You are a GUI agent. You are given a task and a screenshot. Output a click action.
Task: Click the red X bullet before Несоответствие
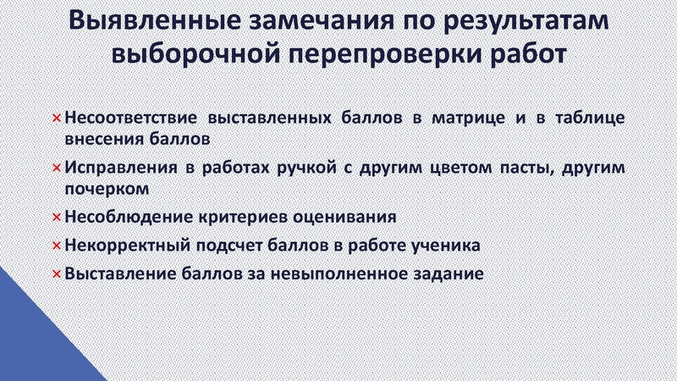[x=56, y=117]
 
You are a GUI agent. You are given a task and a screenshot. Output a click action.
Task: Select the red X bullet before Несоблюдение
[x=56, y=217]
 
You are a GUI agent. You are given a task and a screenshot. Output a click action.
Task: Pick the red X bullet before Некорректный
[x=56, y=246]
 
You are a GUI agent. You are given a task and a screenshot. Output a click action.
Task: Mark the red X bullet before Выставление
[x=56, y=274]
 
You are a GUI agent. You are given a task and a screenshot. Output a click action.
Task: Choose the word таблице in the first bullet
[x=590, y=117]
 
